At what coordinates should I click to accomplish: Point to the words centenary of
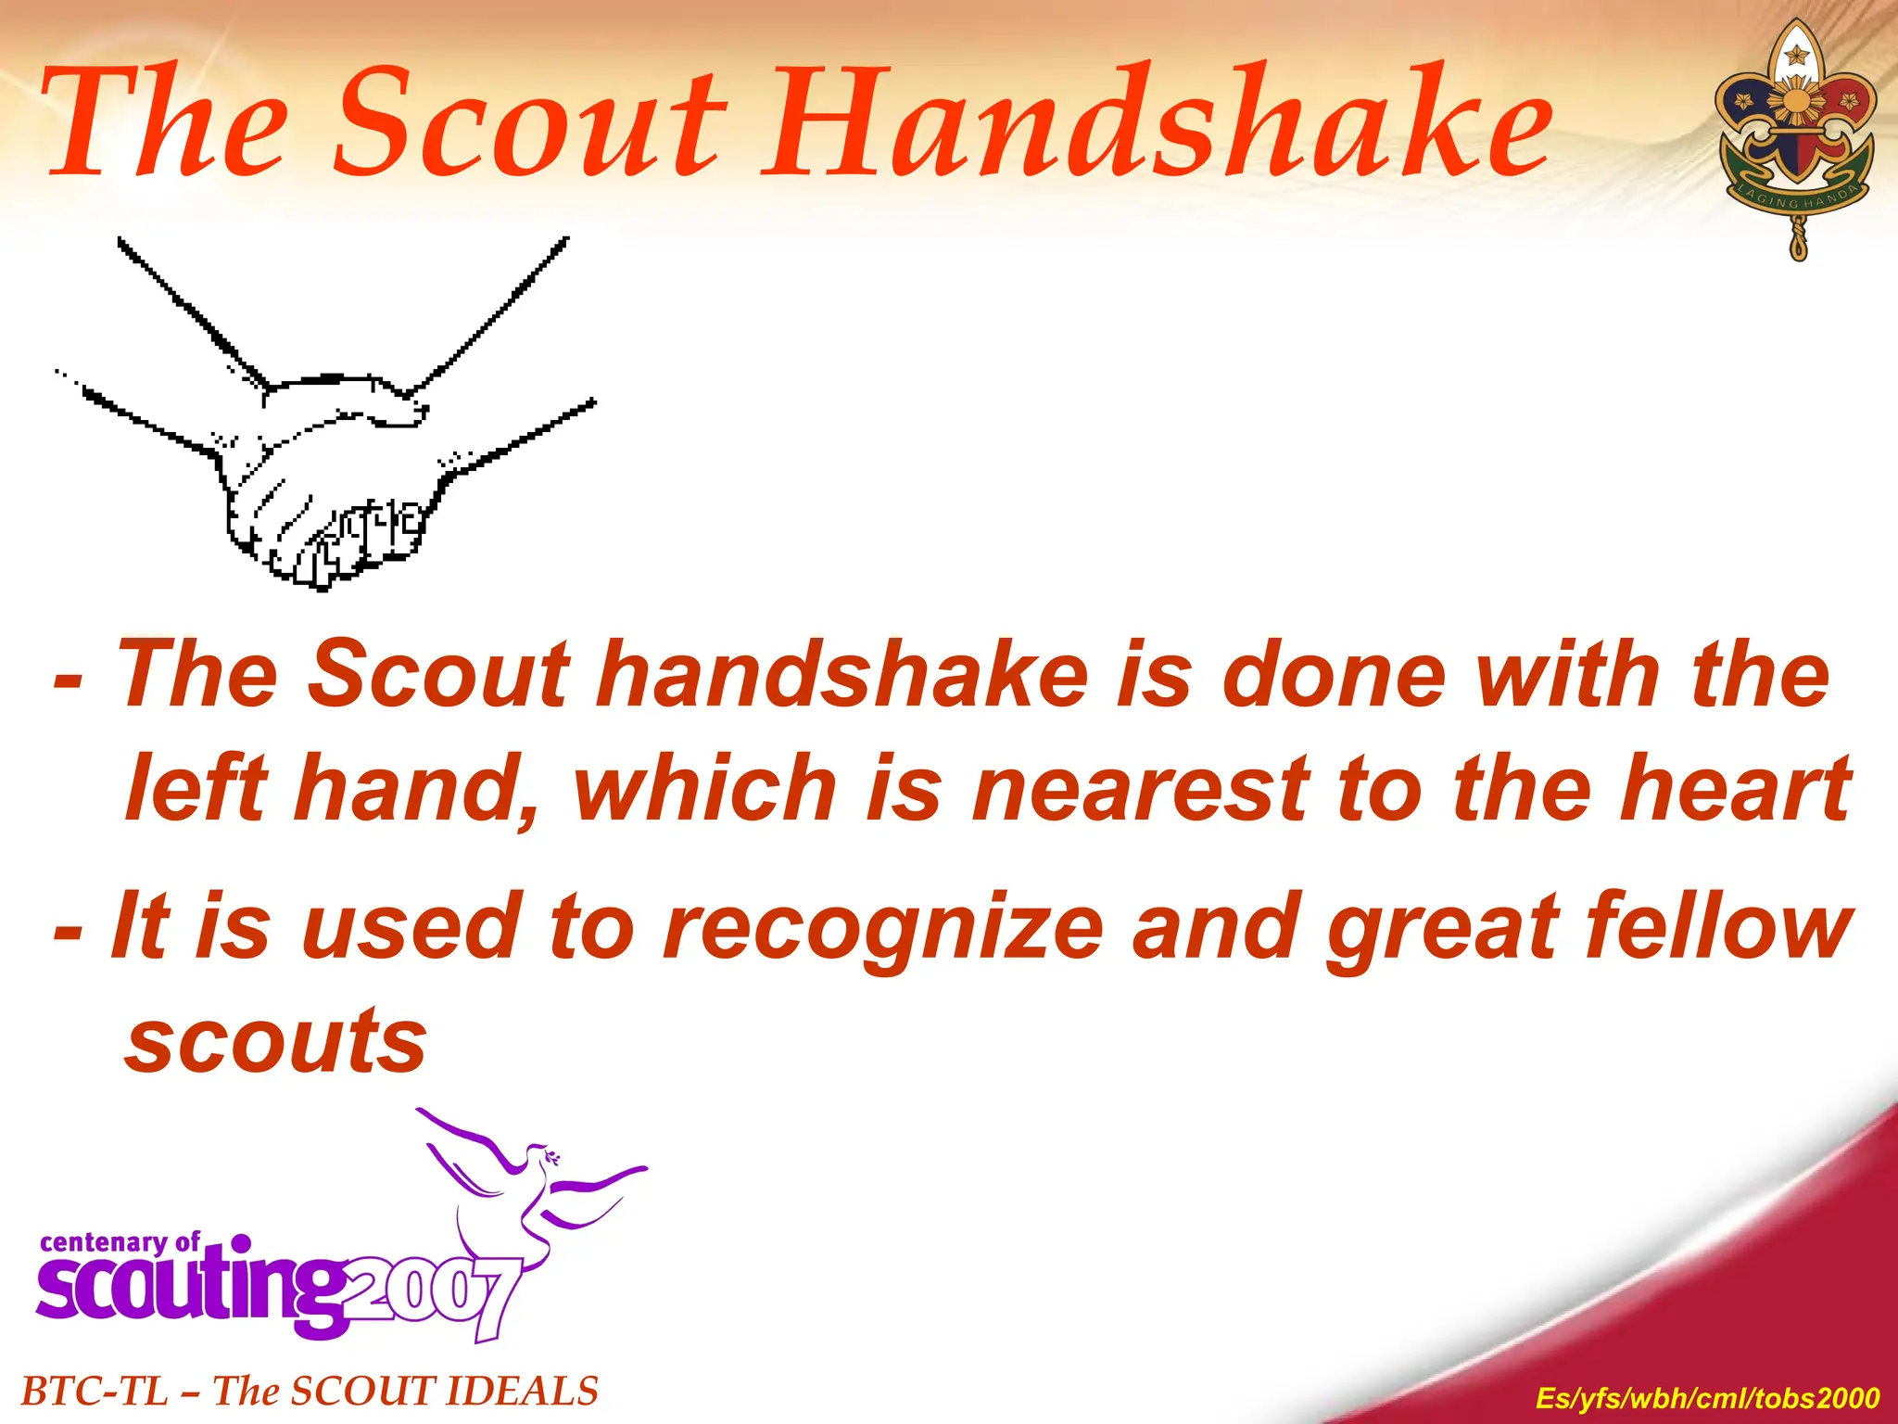tap(120, 1242)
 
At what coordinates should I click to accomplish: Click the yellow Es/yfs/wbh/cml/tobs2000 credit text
tap(1707, 1397)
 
